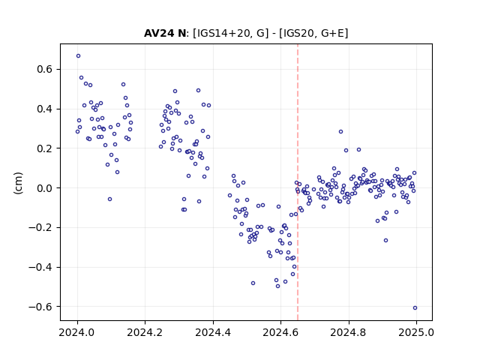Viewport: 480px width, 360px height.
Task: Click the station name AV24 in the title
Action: (158, 33)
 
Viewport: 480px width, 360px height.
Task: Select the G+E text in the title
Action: (332, 33)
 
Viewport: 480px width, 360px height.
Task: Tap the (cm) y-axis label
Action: (18, 183)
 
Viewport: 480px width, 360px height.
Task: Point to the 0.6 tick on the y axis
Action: (44, 69)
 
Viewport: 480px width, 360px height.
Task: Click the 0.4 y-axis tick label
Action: (44, 109)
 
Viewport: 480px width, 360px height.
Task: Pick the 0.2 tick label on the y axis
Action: (44, 148)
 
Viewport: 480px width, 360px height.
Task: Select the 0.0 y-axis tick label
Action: (44, 188)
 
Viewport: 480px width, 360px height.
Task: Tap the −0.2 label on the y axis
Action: (40, 228)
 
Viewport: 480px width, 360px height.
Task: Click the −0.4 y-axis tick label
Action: (40, 267)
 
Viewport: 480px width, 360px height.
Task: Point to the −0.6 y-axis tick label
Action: (40, 307)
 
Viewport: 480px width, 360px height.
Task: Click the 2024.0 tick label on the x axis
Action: (78, 332)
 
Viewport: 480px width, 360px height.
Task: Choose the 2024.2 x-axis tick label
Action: (145, 332)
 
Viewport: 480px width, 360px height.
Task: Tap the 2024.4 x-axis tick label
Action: (213, 332)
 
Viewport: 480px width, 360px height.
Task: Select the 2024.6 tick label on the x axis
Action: (280, 332)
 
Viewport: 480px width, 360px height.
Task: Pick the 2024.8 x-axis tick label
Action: (348, 332)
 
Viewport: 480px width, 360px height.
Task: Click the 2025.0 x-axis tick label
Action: (416, 332)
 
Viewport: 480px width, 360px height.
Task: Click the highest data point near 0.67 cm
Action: (78, 56)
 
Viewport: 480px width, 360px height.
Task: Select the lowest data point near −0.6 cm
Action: (415, 308)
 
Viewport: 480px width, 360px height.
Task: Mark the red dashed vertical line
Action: (298, 182)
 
